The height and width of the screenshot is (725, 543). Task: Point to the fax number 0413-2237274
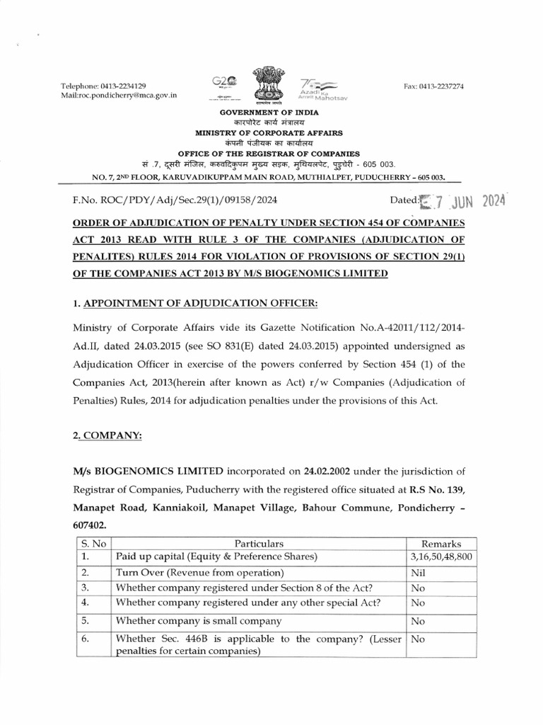point(444,86)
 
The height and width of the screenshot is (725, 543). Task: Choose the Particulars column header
point(259,544)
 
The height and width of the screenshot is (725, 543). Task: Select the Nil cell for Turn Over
point(418,572)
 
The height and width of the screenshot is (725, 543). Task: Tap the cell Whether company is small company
point(199,621)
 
